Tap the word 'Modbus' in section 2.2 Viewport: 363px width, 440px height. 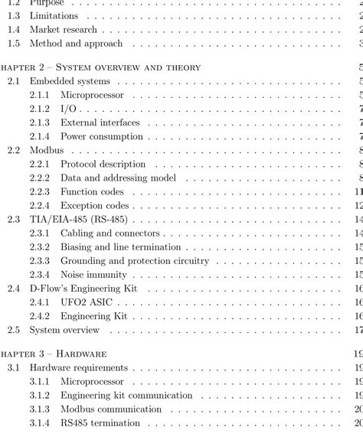click(x=47, y=150)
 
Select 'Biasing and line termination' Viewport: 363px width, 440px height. click(x=121, y=246)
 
